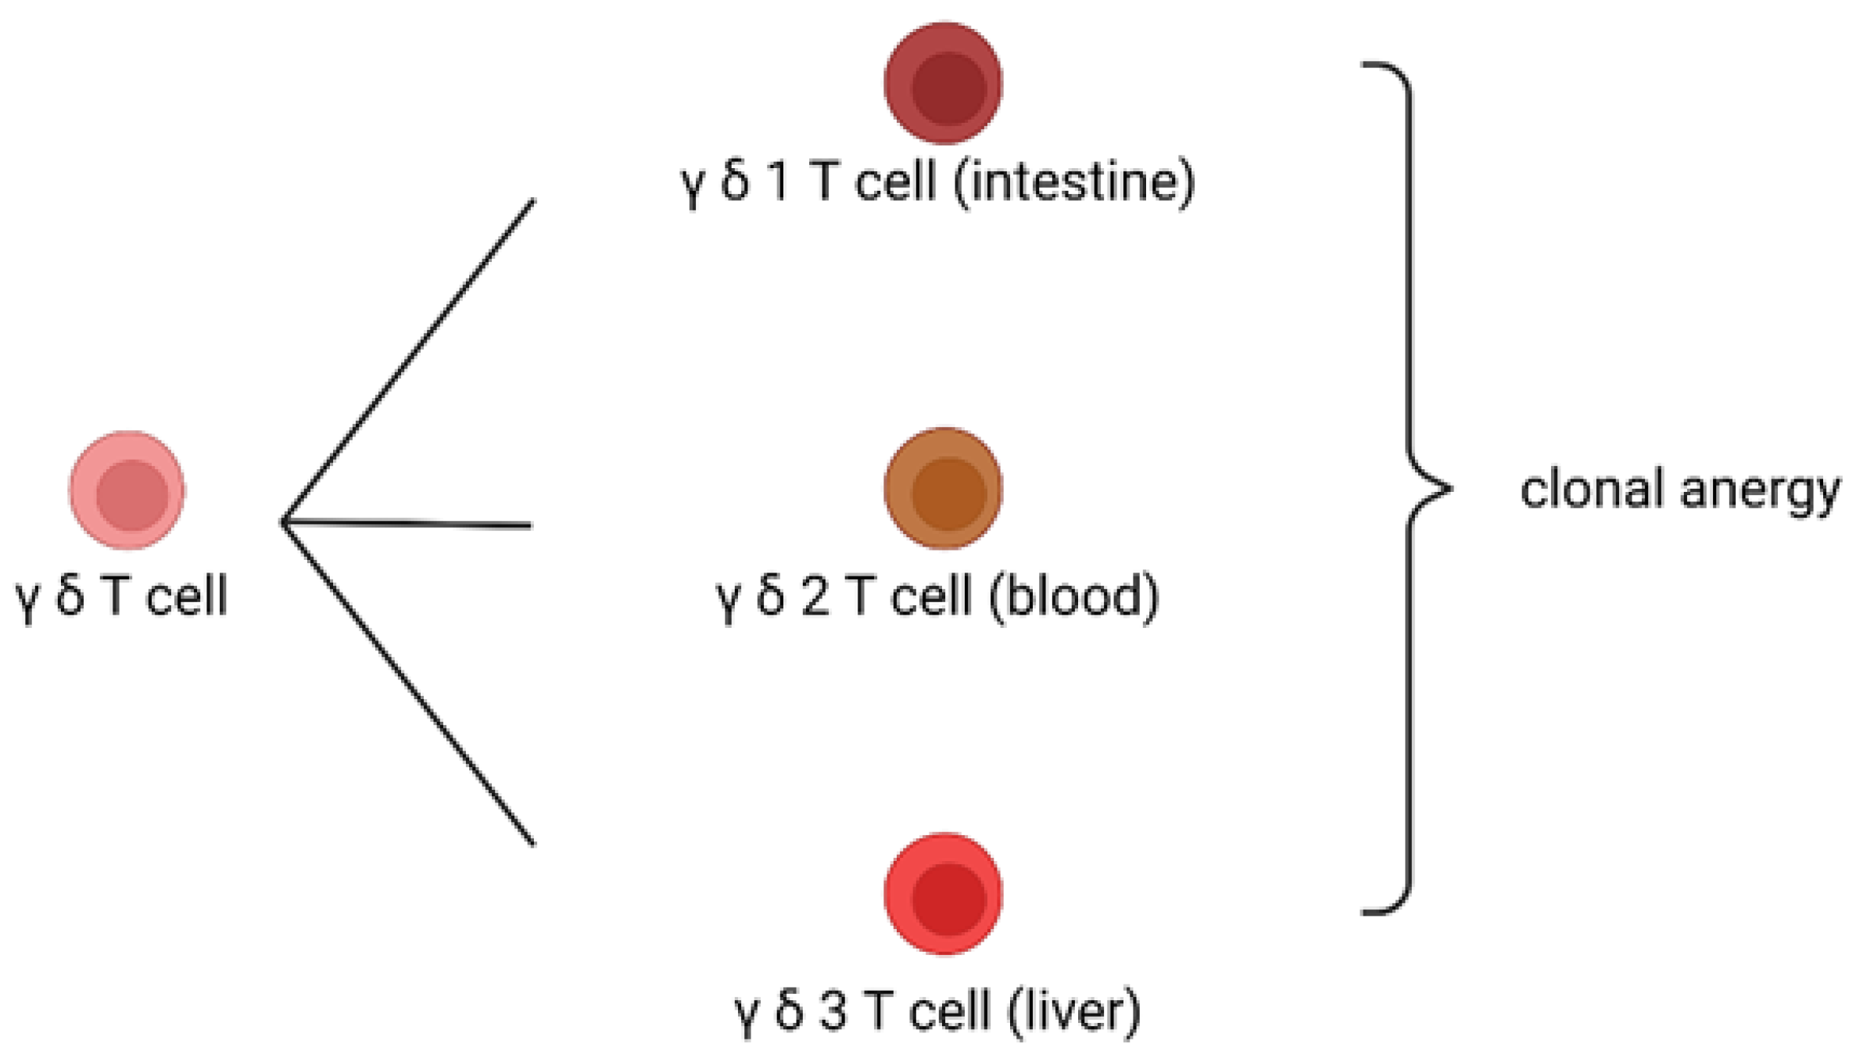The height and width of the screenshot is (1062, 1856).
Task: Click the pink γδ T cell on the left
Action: point(127,491)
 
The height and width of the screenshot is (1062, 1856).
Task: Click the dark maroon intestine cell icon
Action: point(944,84)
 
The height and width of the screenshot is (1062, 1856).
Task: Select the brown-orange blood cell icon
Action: point(944,489)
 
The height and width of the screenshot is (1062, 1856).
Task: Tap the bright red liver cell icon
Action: point(944,894)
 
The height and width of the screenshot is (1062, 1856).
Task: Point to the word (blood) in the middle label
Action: point(1073,597)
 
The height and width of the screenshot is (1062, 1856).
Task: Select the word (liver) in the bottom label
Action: point(1074,1010)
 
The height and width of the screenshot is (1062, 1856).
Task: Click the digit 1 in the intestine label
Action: point(778,183)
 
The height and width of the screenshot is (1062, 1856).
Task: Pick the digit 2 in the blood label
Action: point(815,597)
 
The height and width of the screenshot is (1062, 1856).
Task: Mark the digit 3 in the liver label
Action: point(833,1010)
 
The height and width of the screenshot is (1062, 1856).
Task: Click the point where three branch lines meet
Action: point(285,522)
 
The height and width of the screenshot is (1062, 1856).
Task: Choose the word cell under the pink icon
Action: point(186,597)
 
